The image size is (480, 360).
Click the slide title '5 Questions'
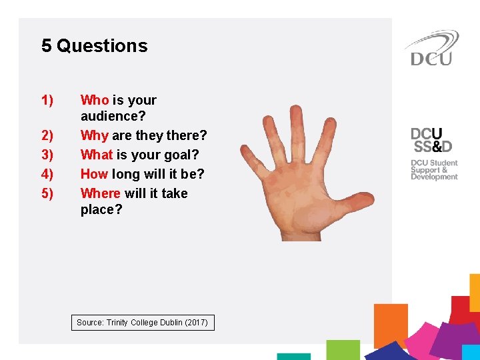pyautogui.click(x=94, y=46)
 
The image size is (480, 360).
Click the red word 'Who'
pyautogui.click(x=95, y=100)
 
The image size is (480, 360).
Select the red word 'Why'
pyautogui.click(x=95, y=135)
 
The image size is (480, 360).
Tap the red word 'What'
pyautogui.click(x=97, y=155)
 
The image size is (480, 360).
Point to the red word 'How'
pyautogui.click(x=95, y=174)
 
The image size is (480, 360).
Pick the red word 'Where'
pyautogui.click(x=101, y=193)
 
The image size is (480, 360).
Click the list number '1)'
pyautogui.click(x=47, y=100)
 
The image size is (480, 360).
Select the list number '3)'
pyautogui.click(x=47, y=155)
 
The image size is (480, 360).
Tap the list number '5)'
pyautogui.click(x=47, y=193)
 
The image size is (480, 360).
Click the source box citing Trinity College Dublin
pyautogui.click(x=143, y=323)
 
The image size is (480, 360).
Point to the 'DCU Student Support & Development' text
pyautogui.click(x=434, y=169)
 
